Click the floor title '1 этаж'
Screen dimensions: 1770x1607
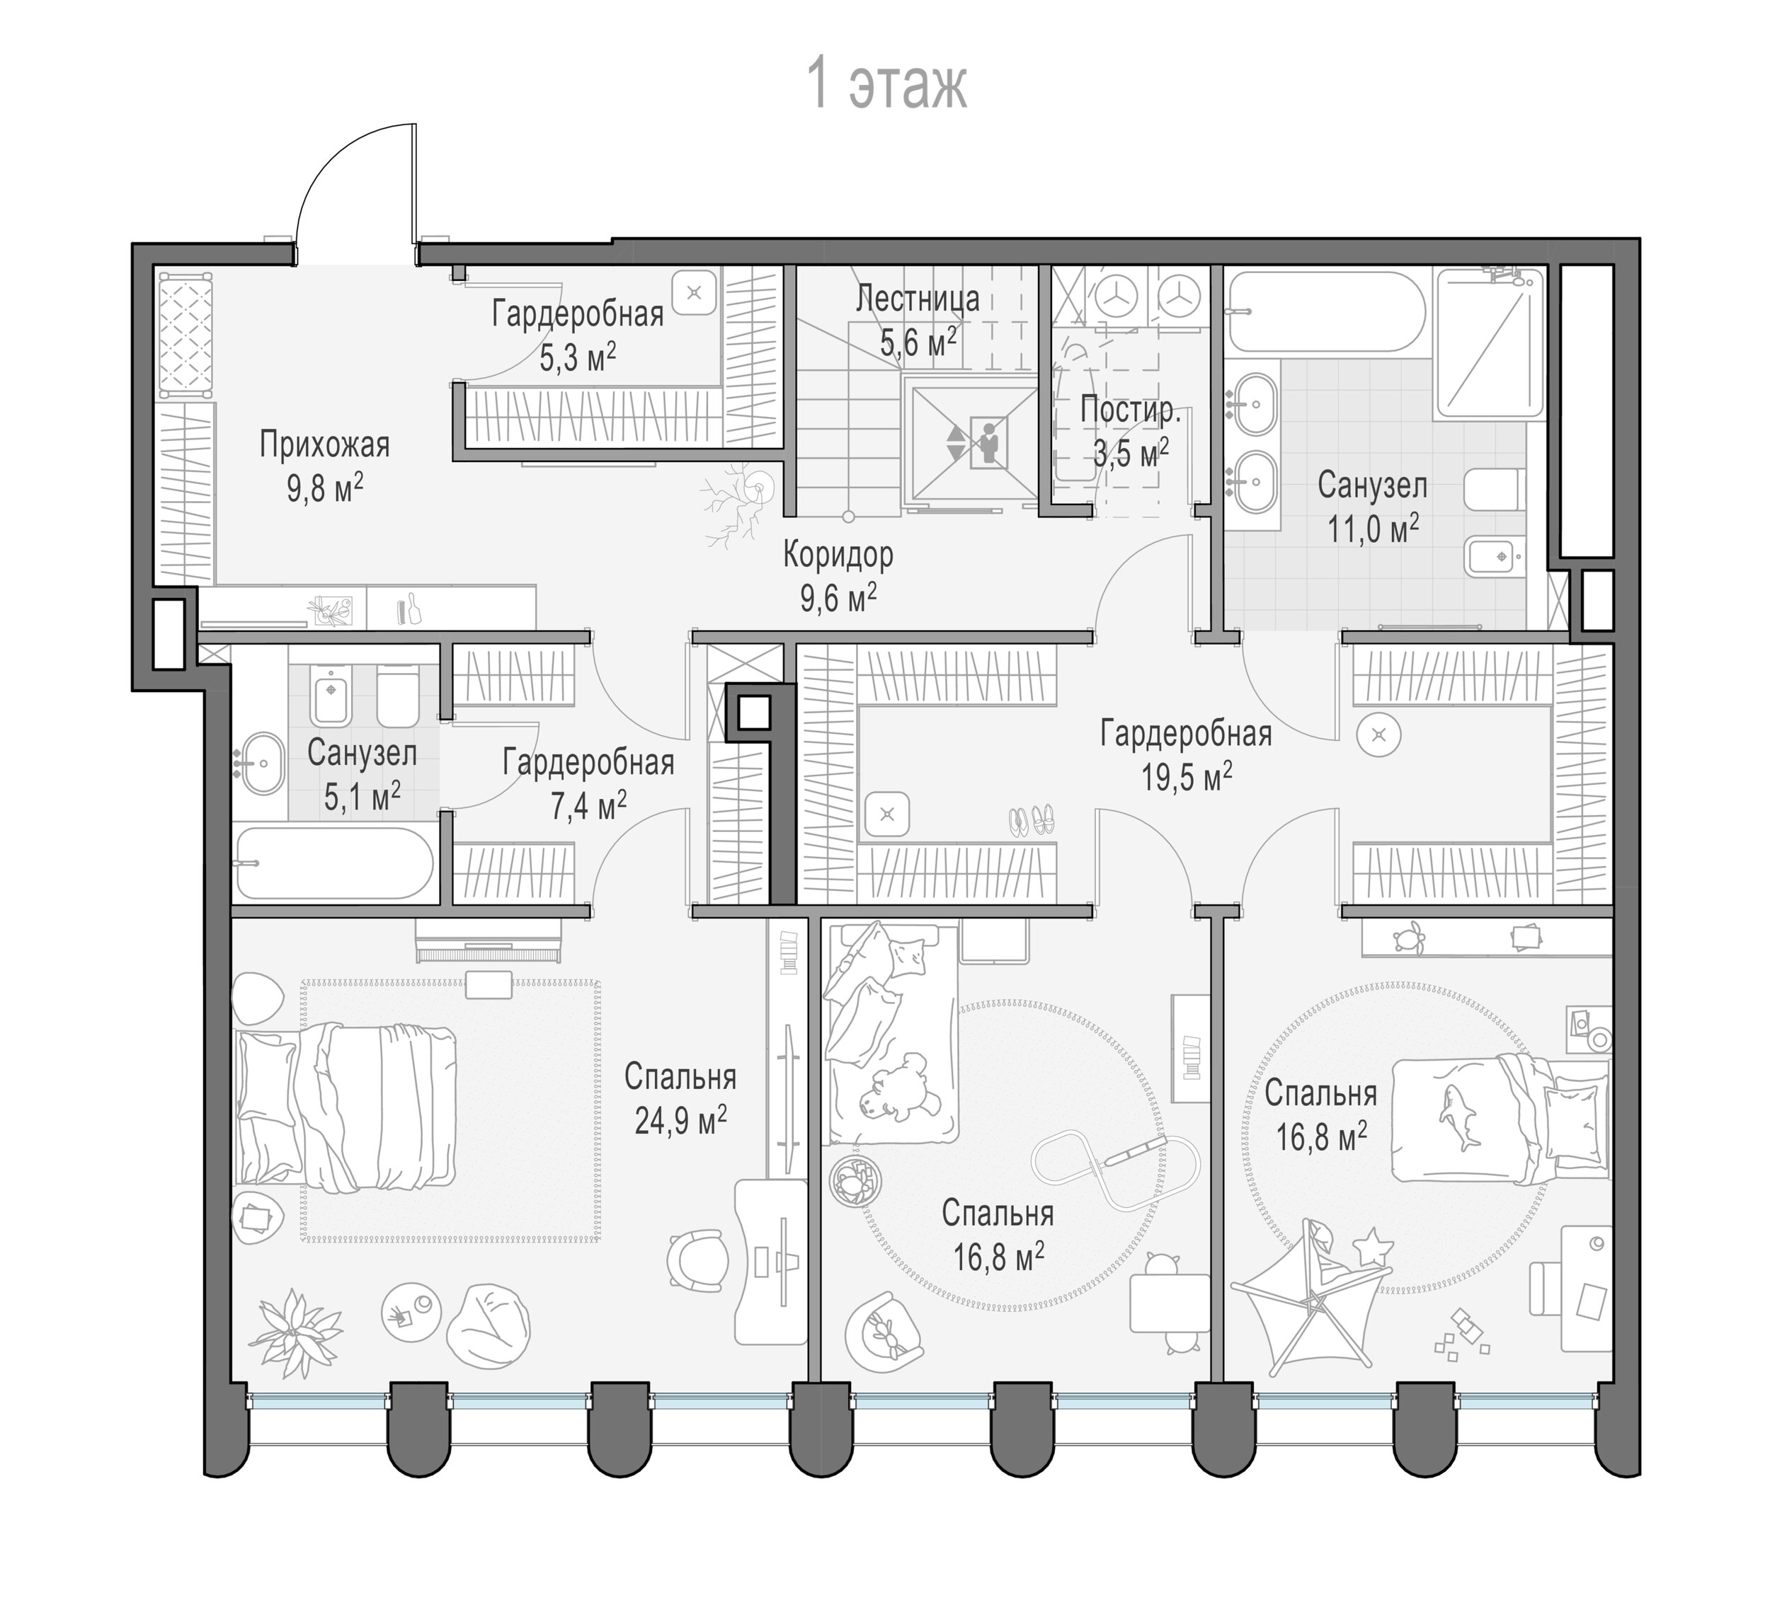886,85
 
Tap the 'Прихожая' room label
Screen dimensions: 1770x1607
324,446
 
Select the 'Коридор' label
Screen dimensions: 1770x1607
838,555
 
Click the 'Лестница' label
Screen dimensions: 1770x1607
918,299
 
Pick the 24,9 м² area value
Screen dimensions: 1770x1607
680,1120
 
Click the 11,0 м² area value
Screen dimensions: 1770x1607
1373,529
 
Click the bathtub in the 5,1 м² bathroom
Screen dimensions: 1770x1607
334,863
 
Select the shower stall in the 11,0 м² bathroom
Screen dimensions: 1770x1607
1490,343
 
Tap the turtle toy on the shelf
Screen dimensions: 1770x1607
1410,938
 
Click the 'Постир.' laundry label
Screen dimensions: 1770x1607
1130,410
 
